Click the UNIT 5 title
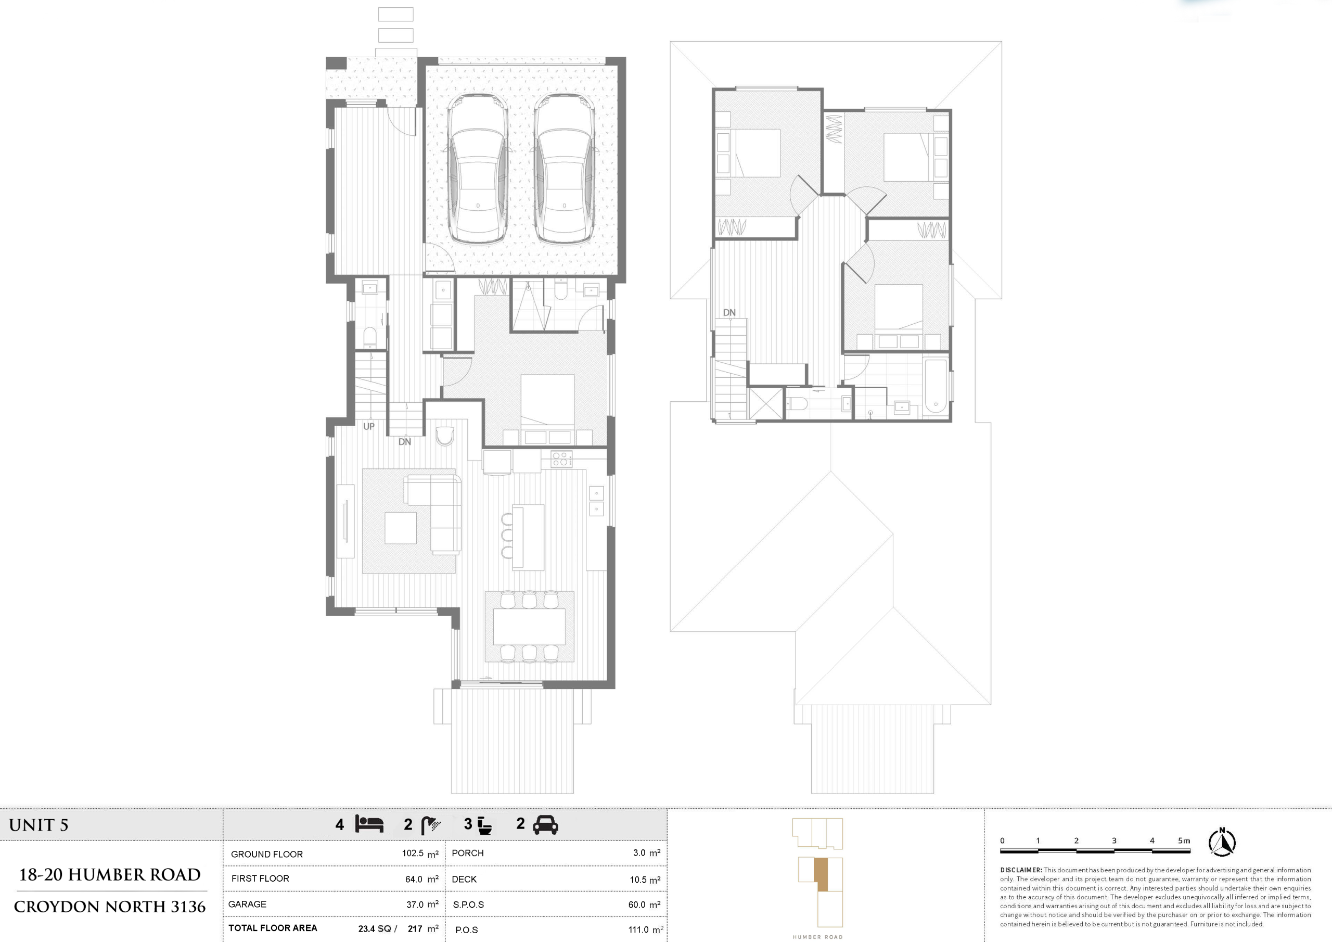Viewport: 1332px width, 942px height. pyautogui.click(x=39, y=825)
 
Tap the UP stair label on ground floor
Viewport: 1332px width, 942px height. pyautogui.click(x=369, y=426)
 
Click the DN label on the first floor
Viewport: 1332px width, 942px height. pyautogui.click(x=729, y=312)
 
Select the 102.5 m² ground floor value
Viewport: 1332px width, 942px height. pyautogui.click(x=420, y=854)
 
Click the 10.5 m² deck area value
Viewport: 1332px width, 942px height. pyautogui.click(x=645, y=880)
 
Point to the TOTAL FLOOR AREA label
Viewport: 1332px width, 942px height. pyautogui.click(x=273, y=928)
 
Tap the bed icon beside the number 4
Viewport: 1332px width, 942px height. pyautogui.click(x=369, y=824)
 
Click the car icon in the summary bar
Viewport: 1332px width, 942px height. pyautogui.click(x=545, y=825)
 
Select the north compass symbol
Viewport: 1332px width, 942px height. pyautogui.click(x=1222, y=842)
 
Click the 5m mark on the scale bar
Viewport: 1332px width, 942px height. pyautogui.click(x=1184, y=841)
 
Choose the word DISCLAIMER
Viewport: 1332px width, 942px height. pyautogui.click(x=1021, y=870)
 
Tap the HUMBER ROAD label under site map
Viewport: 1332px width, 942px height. pyautogui.click(x=818, y=937)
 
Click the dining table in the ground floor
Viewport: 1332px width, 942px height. pyautogui.click(x=529, y=626)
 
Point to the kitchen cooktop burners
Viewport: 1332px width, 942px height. pyautogui.click(x=561, y=459)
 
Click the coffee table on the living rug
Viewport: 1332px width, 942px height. pyautogui.click(x=400, y=528)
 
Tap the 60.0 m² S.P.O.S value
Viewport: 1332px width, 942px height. pyautogui.click(x=645, y=905)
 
